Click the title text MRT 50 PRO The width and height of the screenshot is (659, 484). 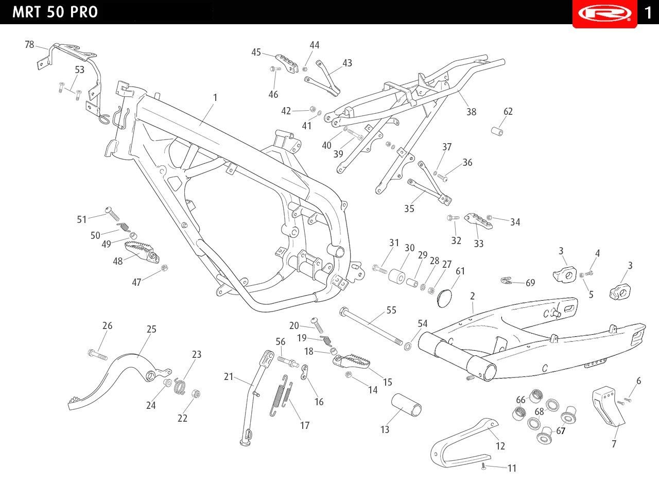55,12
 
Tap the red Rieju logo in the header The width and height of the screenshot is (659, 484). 604,13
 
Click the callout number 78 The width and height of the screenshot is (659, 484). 29,44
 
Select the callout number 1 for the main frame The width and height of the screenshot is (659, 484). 215,97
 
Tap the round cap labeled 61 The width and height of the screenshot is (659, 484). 444,298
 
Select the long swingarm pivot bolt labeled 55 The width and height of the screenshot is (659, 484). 371,326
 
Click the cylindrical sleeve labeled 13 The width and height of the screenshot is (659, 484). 406,405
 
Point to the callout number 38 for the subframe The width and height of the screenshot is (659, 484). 471,112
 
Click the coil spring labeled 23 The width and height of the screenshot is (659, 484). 179,386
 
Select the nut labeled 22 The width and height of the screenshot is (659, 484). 196,394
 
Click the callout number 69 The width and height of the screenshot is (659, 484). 530,283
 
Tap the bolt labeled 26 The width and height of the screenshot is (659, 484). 98,355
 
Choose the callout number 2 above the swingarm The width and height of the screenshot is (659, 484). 473,296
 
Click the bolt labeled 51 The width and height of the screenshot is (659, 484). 112,214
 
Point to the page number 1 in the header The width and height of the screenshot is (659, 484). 648,13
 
